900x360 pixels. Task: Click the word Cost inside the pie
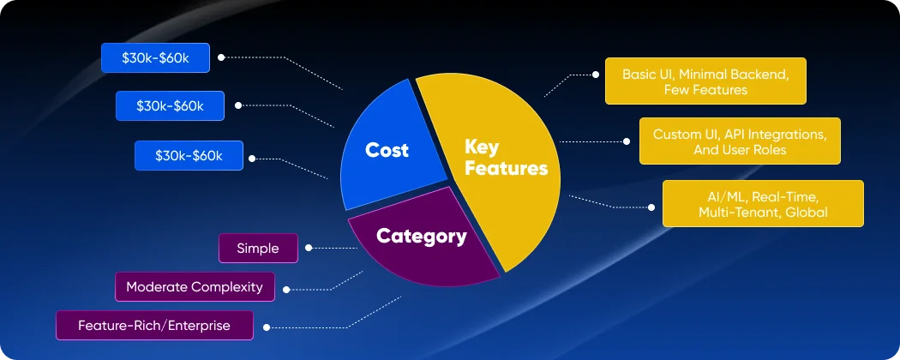pyautogui.click(x=387, y=150)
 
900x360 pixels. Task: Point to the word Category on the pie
pyautogui.click(x=422, y=236)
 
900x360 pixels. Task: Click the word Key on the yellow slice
pyautogui.click(x=481, y=147)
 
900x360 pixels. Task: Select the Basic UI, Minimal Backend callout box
pyautogui.click(x=695, y=81)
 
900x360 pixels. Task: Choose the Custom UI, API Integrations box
pyautogui.click(x=740, y=141)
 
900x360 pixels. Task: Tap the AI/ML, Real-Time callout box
pyautogui.click(x=763, y=204)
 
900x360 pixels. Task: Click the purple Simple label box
pyautogui.click(x=258, y=248)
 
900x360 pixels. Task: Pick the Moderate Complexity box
pyautogui.click(x=195, y=287)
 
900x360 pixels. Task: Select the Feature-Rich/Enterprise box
pyautogui.click(x=154, y=326)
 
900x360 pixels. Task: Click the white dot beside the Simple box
pyautogui.click(x=308, y=248)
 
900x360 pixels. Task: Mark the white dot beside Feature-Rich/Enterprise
pyautogui.click(x=266, y=327)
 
